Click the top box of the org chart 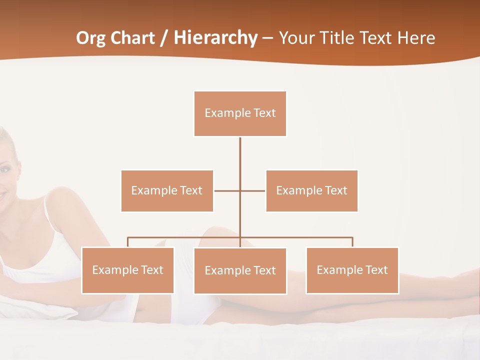(240, 113)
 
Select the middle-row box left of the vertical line (167, 191)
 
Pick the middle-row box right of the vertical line (311, 191)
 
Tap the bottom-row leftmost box (127, 270)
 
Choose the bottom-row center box (240, 271)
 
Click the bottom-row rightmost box (352, 270)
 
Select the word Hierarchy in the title (215, 38)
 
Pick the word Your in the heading (297, 38)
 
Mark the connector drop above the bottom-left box (127, 242)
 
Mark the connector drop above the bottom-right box (352, 242)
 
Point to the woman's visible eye (3, 170)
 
